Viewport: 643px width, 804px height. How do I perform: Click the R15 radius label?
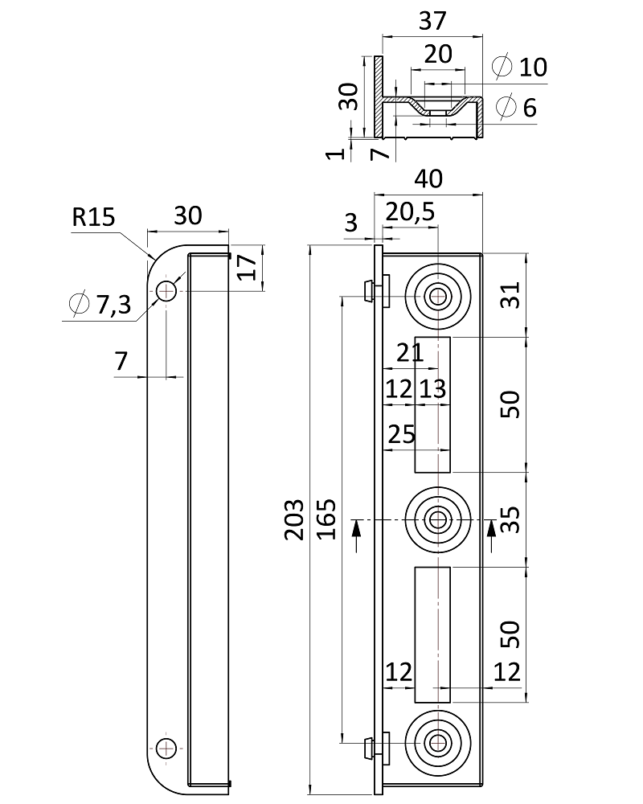[x=93, y=217]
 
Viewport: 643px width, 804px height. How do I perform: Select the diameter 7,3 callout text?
[x=100, y=304]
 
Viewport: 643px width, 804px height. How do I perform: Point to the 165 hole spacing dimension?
[x=326, y=519]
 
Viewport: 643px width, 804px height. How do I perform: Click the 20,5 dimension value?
[x=410, y=211]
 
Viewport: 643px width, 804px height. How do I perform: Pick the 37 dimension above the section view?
[x=432, y=21]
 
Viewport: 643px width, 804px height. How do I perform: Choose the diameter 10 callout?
[x=519, y=66]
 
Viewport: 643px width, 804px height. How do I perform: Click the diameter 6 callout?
[x=516, y=107]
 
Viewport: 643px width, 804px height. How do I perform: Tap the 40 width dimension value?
[x=428, y=179]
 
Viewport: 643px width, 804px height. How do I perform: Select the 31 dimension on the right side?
[x=510, y=295]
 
